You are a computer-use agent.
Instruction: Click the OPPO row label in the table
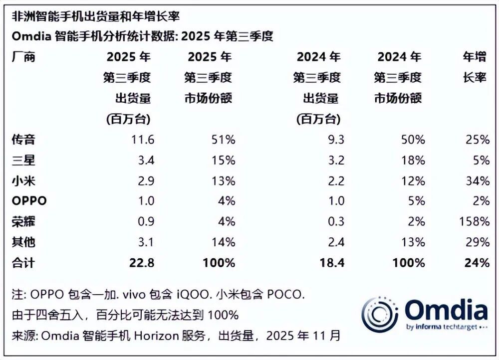click(29, 201)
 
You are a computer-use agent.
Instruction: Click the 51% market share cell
click(223, 140)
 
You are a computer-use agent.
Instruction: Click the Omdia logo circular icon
click(380, 314)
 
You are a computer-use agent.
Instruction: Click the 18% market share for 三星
click(414, 161)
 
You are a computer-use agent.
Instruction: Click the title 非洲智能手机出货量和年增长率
click(95, 16)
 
